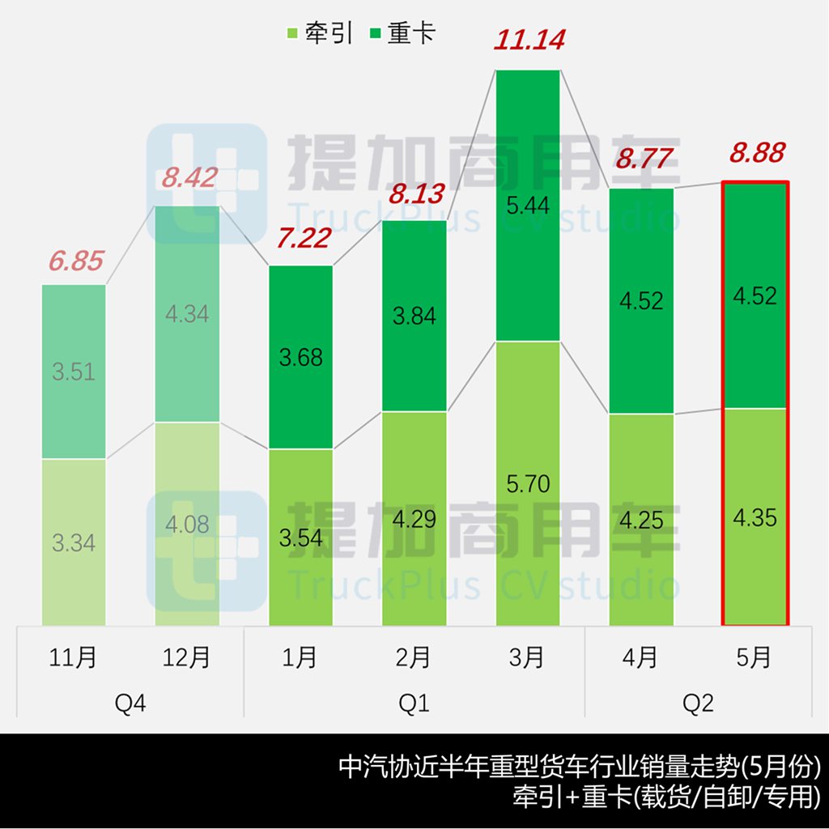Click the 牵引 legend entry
coord(319,33)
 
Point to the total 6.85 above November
coord(75,261)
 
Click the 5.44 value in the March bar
coord(528,206)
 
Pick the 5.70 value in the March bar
coord(528,484)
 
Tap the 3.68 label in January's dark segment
coord(300,357)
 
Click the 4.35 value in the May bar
coord(755,517)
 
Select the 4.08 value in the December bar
coord(187,525)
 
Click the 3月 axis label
coord(527,657)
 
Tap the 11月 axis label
coord(74,657)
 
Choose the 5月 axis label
coord(755,657)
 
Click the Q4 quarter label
coord(130,704)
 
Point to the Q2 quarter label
coord(698,704)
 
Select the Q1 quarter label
coord(414,704)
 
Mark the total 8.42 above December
coord(188,177)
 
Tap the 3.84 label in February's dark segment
coord(414,316)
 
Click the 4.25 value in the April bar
coord(641,519)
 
